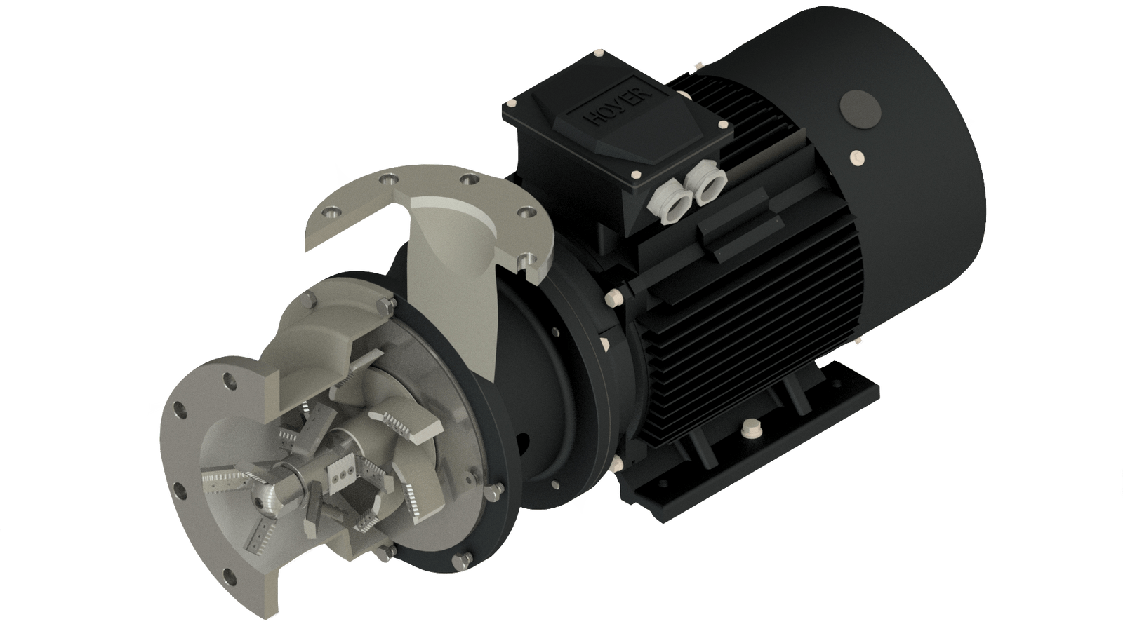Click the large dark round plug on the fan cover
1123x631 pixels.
click(860, 109)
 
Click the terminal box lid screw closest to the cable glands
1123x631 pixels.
click(637, 175)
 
